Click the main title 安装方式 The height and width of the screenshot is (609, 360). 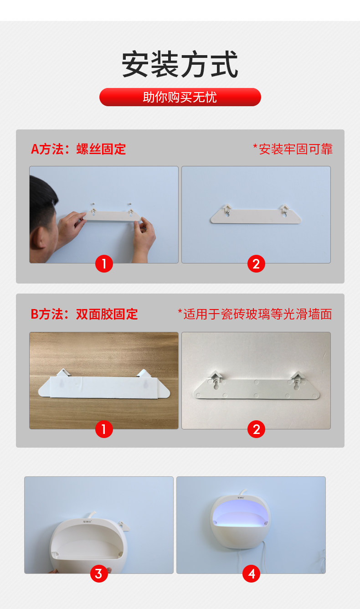click(x=180, y=64)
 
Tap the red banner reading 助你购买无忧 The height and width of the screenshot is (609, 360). click(x=180, y=97)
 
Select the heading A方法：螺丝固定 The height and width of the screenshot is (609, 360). click(x=78, y=149)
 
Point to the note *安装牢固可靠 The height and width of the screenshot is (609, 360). click(x=293, y=149)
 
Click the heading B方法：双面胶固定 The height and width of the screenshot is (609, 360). click(x=84, y=314)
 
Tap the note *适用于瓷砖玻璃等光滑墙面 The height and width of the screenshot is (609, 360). click(x=255, y=314)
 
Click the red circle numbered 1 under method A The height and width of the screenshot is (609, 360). click(x=104, y=263)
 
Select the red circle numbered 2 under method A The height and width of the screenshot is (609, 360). click(x=256, y=263)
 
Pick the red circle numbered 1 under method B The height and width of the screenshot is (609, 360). click(x=104, y=429)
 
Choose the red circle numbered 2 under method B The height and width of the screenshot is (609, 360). click(x=256, y=429)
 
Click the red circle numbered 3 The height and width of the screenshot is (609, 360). click(x=99, y=573)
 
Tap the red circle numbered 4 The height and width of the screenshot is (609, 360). click(x=252, y=573)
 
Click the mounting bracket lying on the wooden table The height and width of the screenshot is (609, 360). click(x=104, y=384)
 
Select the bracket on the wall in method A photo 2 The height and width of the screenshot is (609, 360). click(x=256, y=215)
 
